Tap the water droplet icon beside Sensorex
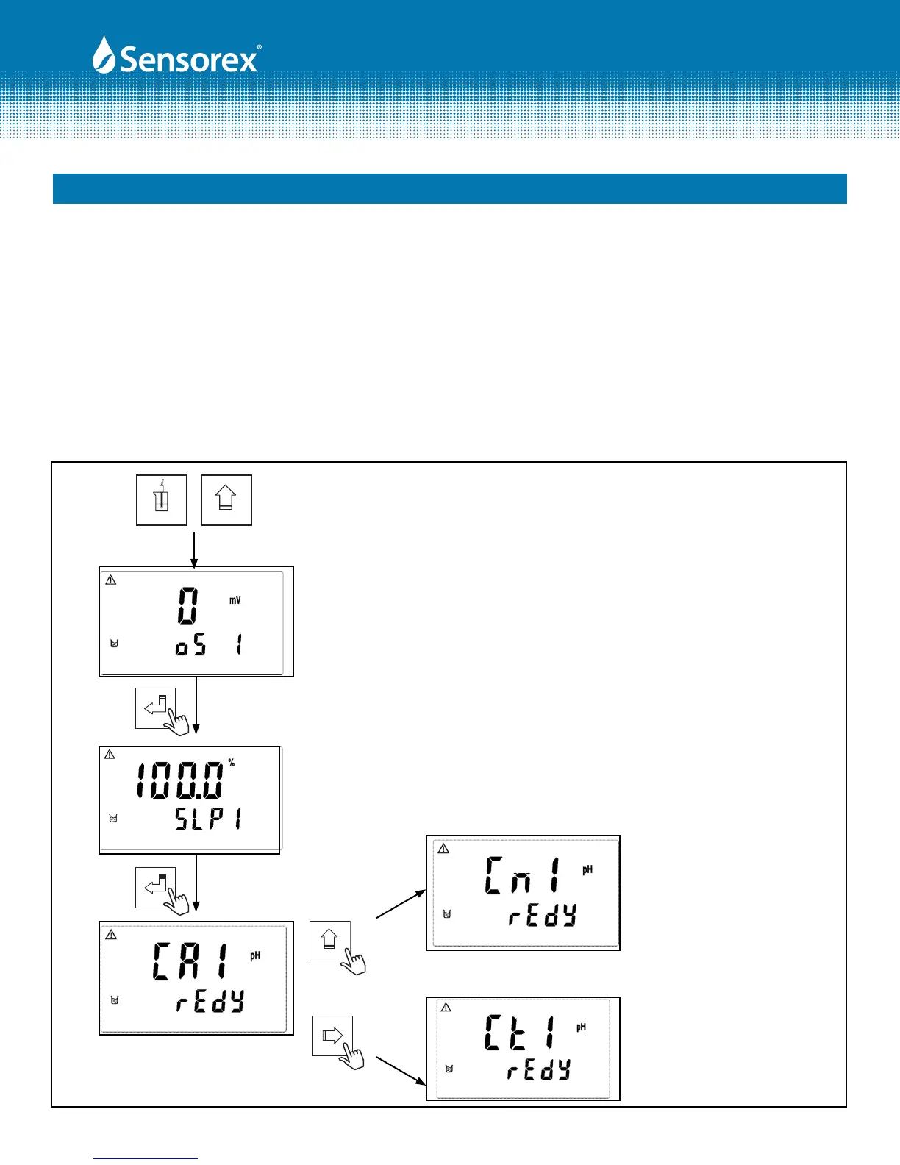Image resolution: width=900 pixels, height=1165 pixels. point(103,55)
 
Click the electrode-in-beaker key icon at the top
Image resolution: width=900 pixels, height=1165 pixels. point(162,499)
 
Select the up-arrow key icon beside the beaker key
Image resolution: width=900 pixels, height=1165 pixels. point(226,499)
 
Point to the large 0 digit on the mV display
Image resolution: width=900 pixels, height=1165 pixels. point(187,606)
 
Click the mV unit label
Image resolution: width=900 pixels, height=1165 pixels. point(235,600)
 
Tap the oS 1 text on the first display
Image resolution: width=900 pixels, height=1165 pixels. point(209,645)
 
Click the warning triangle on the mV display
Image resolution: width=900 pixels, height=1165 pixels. point(111,580)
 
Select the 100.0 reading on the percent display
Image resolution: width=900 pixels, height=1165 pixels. point(179,780)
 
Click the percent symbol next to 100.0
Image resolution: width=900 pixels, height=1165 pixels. point(232,763)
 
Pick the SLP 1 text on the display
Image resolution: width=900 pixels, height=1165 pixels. point(208,819)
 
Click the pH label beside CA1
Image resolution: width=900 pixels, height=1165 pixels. point(255,955)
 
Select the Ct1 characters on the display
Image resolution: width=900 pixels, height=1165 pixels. point(519,1032)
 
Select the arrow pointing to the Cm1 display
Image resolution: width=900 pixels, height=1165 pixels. point(401,904)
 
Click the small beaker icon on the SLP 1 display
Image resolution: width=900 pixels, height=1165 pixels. point(113,819)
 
